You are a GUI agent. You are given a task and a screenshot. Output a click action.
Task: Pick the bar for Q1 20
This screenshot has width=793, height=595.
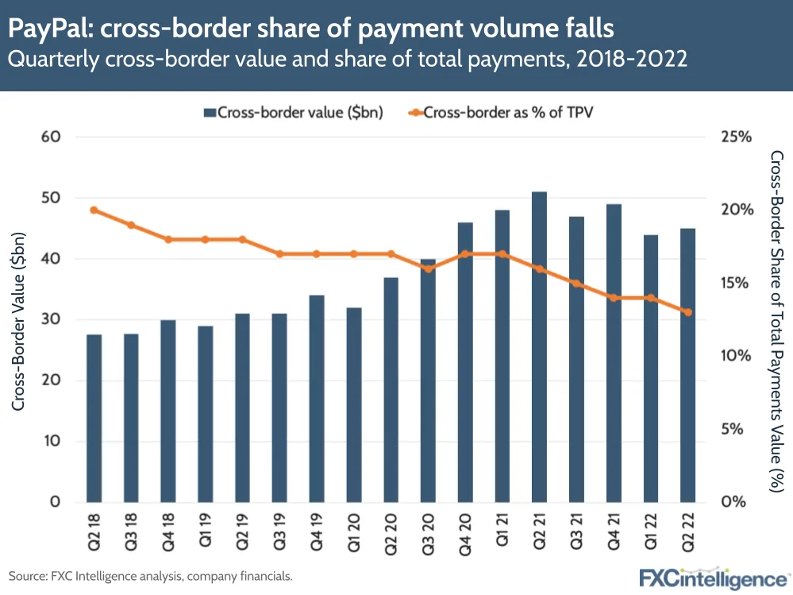pos(354,404)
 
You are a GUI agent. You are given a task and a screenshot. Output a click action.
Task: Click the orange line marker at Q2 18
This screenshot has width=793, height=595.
pos(94,211)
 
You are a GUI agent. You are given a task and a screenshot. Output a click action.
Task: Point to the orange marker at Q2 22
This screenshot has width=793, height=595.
pos(688,312)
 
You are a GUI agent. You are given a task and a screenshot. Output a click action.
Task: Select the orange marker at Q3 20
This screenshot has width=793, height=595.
pos(428,269)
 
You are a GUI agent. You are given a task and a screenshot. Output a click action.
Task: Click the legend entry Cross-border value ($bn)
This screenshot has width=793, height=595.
pos(293,112)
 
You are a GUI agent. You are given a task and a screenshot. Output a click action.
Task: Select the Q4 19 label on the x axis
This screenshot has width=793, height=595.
pos(317,529)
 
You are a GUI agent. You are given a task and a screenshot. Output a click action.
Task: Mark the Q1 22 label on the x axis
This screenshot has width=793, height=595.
pos(651,529)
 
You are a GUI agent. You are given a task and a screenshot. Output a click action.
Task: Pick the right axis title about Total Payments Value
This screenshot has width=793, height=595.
pos(778,319)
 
